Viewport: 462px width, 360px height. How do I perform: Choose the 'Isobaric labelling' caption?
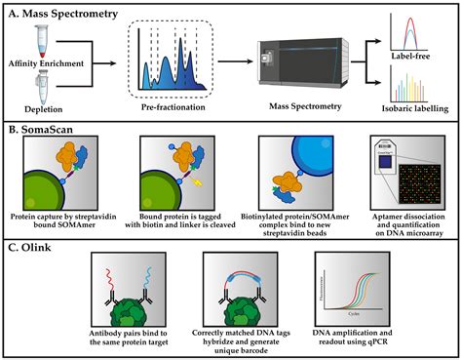coord(420,108)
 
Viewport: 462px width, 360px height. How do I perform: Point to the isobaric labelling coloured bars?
coord(420,87)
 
